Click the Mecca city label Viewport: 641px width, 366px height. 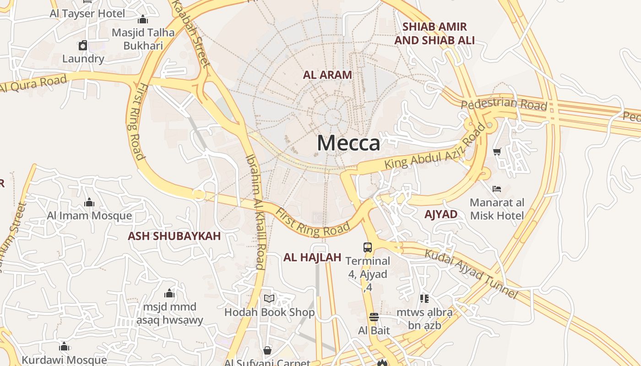click(x=348, y=143)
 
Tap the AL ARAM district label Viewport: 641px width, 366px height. click(x=327, y=75)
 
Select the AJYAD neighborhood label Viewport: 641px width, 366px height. click(x=440, y=214)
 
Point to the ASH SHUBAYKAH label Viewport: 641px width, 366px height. click(x=174, y=236)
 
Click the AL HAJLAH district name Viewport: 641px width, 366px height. click(x=312, y=258)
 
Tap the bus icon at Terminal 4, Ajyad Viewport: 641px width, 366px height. click(x=368, y=248)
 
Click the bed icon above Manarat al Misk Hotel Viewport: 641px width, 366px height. click(x=497, y=188)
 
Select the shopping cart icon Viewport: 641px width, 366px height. click(x=497, y=151)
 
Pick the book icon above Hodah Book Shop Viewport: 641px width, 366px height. click(x=269, y=299)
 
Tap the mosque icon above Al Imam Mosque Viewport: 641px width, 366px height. click(x=89, y=202)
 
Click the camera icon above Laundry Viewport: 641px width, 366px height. click(x=83, y=45)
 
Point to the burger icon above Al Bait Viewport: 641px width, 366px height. click(x=374, y=317)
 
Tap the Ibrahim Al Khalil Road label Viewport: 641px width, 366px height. click(x=255, y=211)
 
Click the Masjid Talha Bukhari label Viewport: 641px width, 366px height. click(x=143, y=39)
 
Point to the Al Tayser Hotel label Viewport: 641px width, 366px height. click(x=87, y=13)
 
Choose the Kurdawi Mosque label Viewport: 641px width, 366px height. click(x=64, y=360)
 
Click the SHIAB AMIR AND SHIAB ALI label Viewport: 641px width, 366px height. click(x=434, y=33)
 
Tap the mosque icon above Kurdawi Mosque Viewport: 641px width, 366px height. click(x=64, y=346)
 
